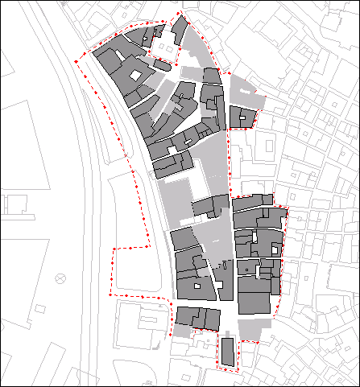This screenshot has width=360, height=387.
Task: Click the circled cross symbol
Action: pos(60,279)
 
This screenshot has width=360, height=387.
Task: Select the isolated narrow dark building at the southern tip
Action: pos(227,352)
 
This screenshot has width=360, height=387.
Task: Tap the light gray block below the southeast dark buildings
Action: pos(251,328)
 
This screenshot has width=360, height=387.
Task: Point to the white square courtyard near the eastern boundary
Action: pos(275,251)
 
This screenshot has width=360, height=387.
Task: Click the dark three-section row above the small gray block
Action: pos(198,318)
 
